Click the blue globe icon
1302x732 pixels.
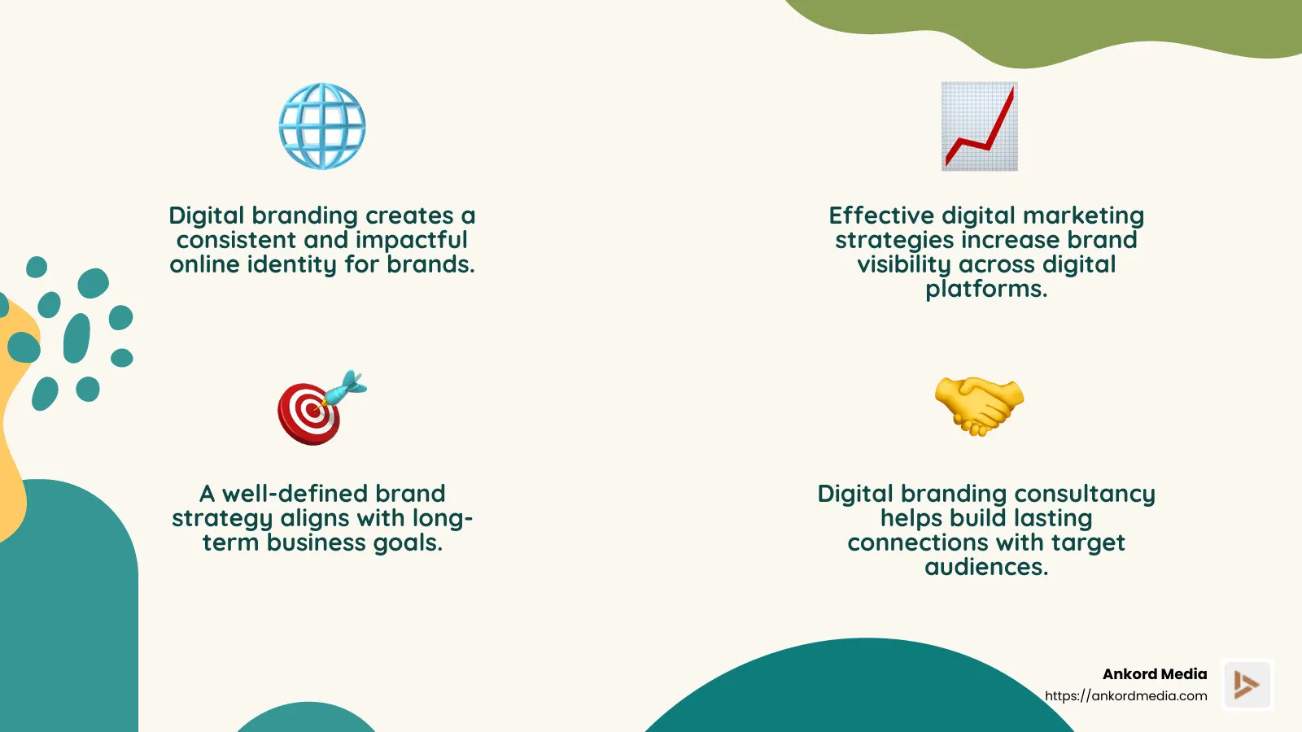tap(322, 126)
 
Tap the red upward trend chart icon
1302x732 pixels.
tap(980, 126)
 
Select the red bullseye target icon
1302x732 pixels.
tap(308, 412)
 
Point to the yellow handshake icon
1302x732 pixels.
tap(979, 404)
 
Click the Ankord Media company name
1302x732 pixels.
tap(1154, 674)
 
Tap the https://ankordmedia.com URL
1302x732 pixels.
tap(1125, 696)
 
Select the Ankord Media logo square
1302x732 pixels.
tap(1247, 685)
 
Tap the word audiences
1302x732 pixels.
tap(985, 567)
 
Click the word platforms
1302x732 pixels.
tap(985, 290)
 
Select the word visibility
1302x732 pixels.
tap(904, 265)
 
